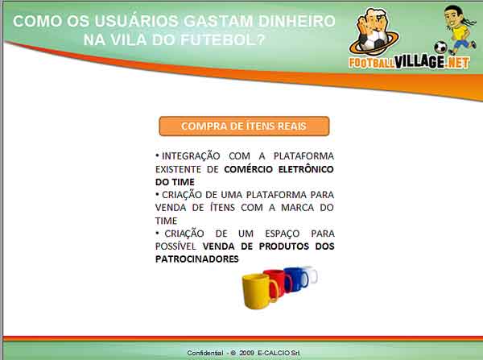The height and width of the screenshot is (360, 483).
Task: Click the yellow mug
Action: pyautogui.click(x=258, y=292)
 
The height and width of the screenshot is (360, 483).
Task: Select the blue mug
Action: pyautogui.click(x=296, y=278)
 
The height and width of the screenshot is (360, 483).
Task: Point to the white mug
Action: pyautogui.click(x=311, y=274)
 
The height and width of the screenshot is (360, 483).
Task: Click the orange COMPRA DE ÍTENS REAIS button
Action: pyautogui.click(x=244, y=126)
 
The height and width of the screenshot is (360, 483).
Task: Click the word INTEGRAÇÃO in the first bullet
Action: pyautogui.click(x=191, y=156)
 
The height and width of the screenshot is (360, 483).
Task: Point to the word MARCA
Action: pyautogui.click(x=297, y=208)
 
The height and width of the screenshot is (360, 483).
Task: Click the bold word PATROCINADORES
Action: pyautogui.click(x=197, y=259)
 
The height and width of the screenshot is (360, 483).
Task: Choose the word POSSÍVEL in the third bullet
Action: pyautogui.click(x=175, y=246)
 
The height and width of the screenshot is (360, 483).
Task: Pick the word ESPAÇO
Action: pyautogui.click(x=283, y=234)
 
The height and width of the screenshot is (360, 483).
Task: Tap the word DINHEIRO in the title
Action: pyautogui.click(x=296, y=21)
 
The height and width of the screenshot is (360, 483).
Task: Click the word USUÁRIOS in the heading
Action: pyautogui.click(x=136, y=21)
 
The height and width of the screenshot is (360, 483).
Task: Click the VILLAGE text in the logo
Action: pyautogui.click(x=419, y=62)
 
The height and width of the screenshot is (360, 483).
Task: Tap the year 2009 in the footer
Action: pyautogui.click(x=247, y=353)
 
